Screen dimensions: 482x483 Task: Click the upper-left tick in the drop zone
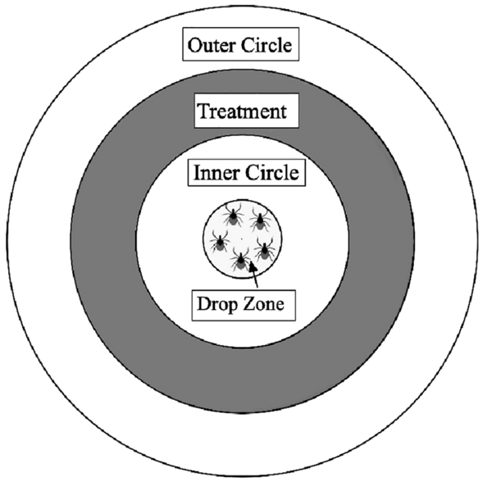233,216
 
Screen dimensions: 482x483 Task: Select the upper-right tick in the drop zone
262,219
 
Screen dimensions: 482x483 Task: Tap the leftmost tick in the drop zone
219,241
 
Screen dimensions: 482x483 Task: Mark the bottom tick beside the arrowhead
240,259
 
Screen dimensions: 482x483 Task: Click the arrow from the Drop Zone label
257,275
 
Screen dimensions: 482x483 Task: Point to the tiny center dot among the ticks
243,238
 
